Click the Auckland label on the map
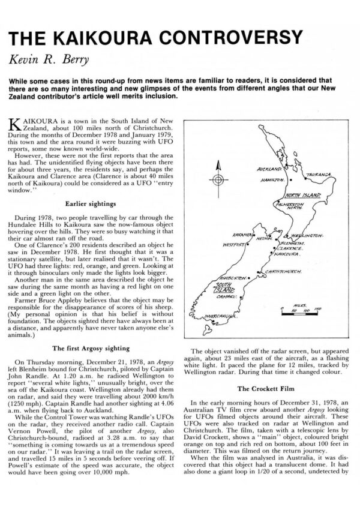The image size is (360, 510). click(268, 170)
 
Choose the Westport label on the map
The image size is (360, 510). click(233, 245)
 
